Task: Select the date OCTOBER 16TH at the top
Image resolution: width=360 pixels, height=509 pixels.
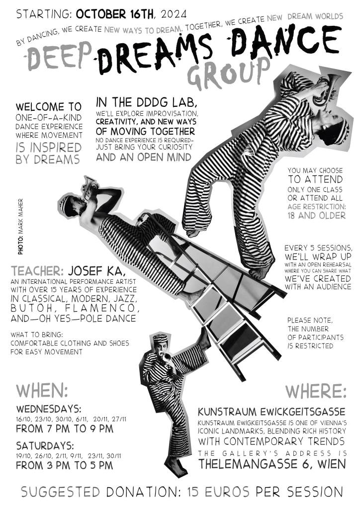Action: (115, 14)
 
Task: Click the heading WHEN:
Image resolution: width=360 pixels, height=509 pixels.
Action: (42, 391)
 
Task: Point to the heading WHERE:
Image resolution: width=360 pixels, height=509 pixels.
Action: (316, 391)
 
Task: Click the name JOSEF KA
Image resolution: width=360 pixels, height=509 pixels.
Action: (94, 270)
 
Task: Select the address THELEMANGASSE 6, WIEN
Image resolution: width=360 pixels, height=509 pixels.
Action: (271, 464)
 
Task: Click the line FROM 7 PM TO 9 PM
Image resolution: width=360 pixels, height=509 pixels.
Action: (65, 428)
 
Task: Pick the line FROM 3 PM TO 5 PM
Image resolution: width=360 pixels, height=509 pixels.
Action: (65, 465)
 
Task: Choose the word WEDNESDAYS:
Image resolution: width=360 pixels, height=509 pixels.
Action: (49, 409)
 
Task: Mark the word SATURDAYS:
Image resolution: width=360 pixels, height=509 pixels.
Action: (45, 445)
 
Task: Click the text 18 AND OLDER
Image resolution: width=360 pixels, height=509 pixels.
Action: (317, 215)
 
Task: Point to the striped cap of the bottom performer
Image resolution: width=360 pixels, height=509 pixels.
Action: (161, 338)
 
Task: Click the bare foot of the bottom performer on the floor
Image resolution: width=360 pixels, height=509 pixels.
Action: (176, 467)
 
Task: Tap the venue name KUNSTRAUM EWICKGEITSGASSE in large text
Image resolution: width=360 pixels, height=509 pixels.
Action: (271, 412)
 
